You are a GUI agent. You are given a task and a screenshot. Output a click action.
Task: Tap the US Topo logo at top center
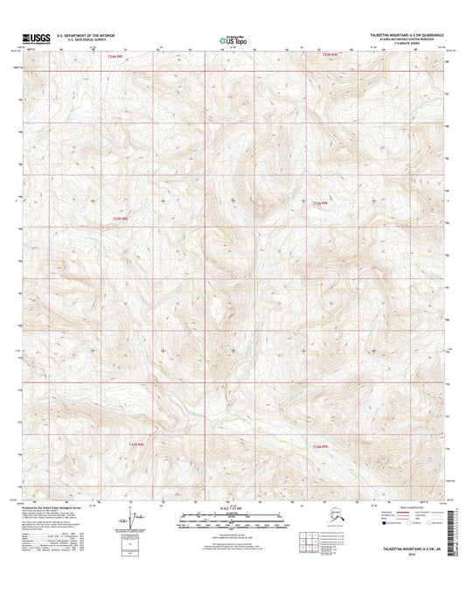[x=233, y=38]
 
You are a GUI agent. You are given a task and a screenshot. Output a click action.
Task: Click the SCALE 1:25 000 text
[x=233, y=508]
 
